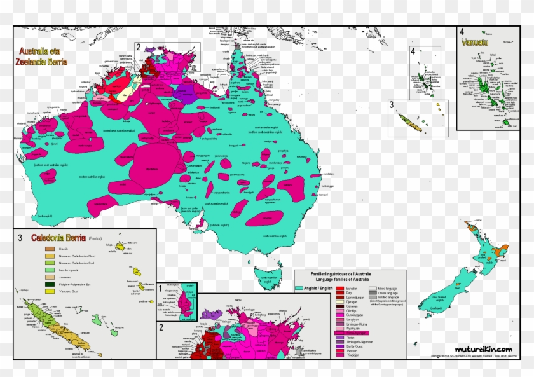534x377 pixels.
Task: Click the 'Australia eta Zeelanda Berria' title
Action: tap(43, 57)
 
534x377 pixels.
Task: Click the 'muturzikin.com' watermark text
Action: tap(488, 348)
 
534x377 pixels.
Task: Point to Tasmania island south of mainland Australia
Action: tap(266, 275)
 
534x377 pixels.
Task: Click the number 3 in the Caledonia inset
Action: tap(20, 238)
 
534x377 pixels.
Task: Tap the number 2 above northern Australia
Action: tap(138, 46)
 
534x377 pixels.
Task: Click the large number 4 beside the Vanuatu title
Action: tap(462, 32)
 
